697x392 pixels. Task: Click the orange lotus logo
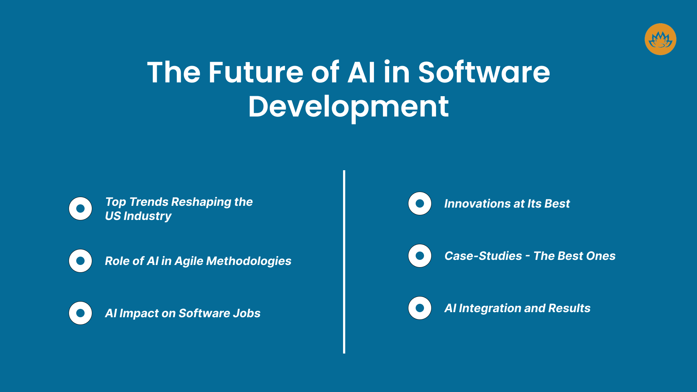coord(660,39)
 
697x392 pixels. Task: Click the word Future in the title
coord(256,72)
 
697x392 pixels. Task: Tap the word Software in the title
coord(484,72)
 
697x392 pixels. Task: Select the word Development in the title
coord(348,106)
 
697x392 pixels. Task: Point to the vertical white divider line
coord(344,261)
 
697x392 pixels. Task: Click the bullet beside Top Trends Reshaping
coord(80,209)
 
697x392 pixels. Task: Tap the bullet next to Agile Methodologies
coord(80,261)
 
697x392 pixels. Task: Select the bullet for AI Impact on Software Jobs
coord(80,313)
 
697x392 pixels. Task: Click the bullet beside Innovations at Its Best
coord(420,204)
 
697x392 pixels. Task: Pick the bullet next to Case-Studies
coord(420,256)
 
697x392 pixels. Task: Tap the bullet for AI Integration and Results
coord(420,308)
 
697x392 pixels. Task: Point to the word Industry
coord(147,216)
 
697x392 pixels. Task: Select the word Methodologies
coord(249,261)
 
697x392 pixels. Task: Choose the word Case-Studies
coord(483,256)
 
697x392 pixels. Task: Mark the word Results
coord(569,309)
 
